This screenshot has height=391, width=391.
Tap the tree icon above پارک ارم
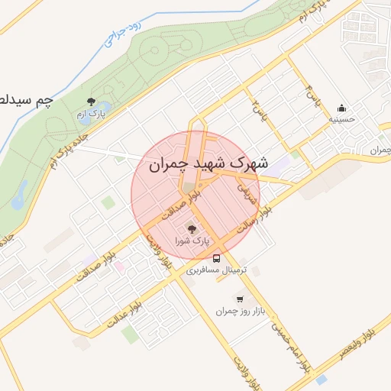pos(91,102)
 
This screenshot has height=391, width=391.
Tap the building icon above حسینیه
pos(341,108)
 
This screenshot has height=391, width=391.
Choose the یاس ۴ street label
pos(311,96)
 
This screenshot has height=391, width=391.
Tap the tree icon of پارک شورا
pos(191,229)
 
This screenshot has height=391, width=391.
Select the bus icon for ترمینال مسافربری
pos(217,258)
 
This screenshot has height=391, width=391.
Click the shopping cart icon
pos(241,299)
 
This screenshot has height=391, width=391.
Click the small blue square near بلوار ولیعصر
pos(322,380)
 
